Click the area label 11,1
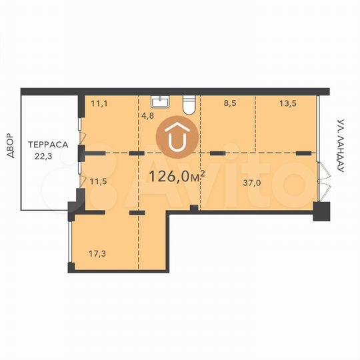[x=99, y=104]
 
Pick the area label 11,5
[x=99, y=181]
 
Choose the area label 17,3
[x=98, y=253]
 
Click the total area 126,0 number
[x=169, y=177]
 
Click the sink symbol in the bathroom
[x=160, y=102]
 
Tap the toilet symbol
[x=189, y=105]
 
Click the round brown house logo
[x=177, y=139]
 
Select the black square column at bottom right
[x=321, y=213]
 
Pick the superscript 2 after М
[x=201, y=171]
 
